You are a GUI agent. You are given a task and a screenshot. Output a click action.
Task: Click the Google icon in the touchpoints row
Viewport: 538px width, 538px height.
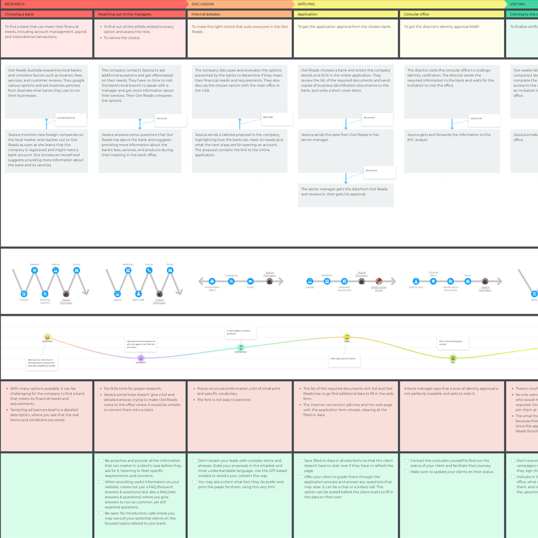24,294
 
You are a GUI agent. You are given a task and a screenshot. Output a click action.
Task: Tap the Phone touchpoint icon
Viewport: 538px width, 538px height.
149,270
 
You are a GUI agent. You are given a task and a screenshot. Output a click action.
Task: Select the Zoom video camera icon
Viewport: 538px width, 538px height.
250,281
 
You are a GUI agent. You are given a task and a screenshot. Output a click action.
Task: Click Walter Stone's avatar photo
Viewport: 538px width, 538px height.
379,281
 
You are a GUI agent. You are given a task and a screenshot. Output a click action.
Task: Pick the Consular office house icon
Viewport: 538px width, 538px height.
433,281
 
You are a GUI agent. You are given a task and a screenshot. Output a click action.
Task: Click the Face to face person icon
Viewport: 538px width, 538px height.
416,281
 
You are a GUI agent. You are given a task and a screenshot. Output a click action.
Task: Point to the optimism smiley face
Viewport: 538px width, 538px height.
47,337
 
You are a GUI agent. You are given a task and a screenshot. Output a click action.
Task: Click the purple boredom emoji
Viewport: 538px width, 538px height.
141,358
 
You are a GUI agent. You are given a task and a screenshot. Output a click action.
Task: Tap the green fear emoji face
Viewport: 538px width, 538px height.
453,358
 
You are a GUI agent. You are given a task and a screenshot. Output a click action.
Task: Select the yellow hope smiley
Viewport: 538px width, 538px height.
347,337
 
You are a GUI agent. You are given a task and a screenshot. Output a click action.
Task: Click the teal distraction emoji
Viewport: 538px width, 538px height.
241,347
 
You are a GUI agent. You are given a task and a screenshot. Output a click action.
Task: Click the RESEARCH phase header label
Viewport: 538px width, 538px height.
15,4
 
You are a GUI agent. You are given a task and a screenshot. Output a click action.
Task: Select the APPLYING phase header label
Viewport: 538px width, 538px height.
306,4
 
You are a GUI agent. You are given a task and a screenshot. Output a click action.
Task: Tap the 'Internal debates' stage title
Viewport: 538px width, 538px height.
206,14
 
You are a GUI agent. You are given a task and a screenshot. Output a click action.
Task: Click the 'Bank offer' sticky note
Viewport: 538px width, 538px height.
277,119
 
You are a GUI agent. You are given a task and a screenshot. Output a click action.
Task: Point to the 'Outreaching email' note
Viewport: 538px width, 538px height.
71,119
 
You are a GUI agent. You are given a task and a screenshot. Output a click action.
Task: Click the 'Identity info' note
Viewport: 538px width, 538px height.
484,120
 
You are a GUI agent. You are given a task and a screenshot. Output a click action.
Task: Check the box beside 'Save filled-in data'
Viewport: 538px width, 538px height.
301,461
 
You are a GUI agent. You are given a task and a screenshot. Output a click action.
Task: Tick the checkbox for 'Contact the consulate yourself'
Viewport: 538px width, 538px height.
407,461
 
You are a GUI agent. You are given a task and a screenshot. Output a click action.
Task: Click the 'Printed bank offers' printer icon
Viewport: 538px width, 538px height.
212,281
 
